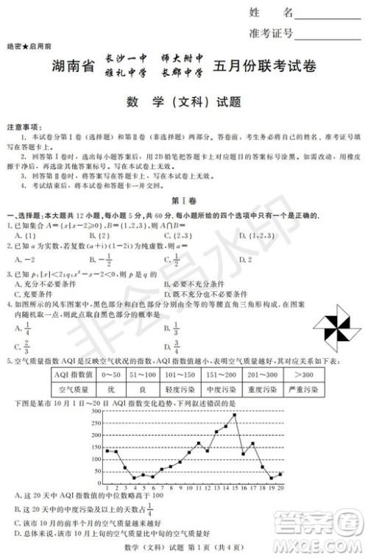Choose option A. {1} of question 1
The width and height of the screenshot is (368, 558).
coord(26,235)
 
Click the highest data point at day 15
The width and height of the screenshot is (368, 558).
coord(234,415)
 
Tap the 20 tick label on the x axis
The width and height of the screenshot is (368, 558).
coord(280,487)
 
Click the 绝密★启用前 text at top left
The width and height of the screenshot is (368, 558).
coord(28,46)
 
